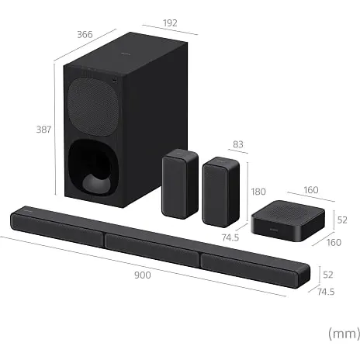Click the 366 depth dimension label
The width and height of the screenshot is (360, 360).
pyautogui.click(x=85, y=34)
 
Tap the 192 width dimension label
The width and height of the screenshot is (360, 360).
pyautogui.click(x=170, y=23)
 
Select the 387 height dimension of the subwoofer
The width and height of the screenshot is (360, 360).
pyautogui.click(x=43, y=130)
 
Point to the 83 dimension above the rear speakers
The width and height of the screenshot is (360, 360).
pyautogui.click(x=238, y=144)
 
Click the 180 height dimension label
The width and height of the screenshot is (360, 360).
pyautogui.click(x=258, y=192)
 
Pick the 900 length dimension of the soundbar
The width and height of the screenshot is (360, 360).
pyautogui.click(x=143, y=275)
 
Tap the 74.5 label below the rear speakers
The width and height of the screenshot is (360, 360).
pyautogui.click(x=230, y=237)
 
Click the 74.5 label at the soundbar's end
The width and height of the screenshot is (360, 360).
pyautogui.click(x=326, y=292)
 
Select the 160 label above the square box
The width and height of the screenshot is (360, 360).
pyautogui.click(x=311, y=190)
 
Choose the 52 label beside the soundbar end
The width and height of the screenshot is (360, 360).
pyautogui.click(x=328, y=275)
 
